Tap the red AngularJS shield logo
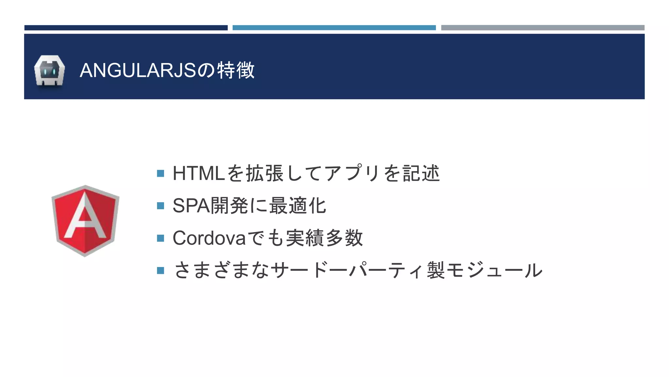pyautogui.click(x=85, y=221)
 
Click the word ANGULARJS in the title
pyautogui.click(x=138, y=70)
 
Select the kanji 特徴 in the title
pyautogui.click(x=236, y=70)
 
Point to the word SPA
pyautogui.click(x=191, y=206)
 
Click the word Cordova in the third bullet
pyautogui.click(x=209, y=238)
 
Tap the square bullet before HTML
pyautogui.click(x=160, y=173)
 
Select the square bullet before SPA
pyautogui.click(x=160, y=206)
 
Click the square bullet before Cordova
pyautogui.click(x=160, y=238)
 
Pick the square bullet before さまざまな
pyautogui.click(x=160, y=271)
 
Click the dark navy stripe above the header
pyautogui.click(x=126, y=28)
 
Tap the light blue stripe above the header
pyautogui.click(x=334, y=28)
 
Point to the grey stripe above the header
pyautogui.click(x=543, y=28)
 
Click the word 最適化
pyautogui.click(x=298, y=206)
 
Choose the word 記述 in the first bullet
pyautogui.click(x=421, y=173)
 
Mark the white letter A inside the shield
pyautogui.click(x=85, y=218)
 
